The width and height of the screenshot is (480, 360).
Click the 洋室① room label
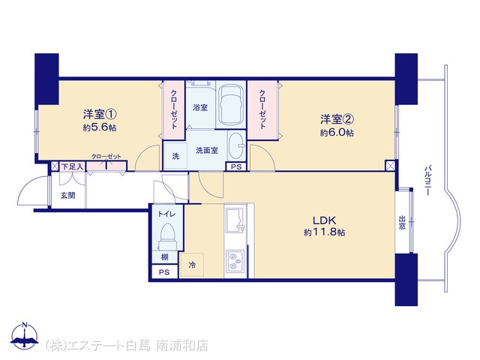point(100,115)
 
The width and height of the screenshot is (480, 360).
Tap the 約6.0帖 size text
point(337,133)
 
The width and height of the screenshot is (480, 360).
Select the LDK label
point(324,220)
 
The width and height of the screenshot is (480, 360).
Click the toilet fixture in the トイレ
point(167,238)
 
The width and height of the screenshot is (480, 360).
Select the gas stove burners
point(235,260)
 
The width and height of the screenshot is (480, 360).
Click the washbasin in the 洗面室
point(235,145)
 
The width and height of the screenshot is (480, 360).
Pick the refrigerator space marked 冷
point(192,265)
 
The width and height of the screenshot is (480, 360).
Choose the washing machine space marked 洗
point(175,156)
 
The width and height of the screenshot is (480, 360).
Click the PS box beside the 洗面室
point(236,166)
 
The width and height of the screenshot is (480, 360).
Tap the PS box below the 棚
point(164,271)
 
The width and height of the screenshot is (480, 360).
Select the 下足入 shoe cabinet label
point(72,166)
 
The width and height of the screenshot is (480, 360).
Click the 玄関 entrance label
point(68,195)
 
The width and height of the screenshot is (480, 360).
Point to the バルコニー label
point(428,180)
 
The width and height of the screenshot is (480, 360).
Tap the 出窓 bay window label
point(402,223)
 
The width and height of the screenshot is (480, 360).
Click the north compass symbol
point(25,335)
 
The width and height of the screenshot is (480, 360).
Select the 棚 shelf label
point(165,256)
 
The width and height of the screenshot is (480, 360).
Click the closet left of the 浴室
point(174,109)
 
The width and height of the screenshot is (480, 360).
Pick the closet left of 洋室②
point(262,109)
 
